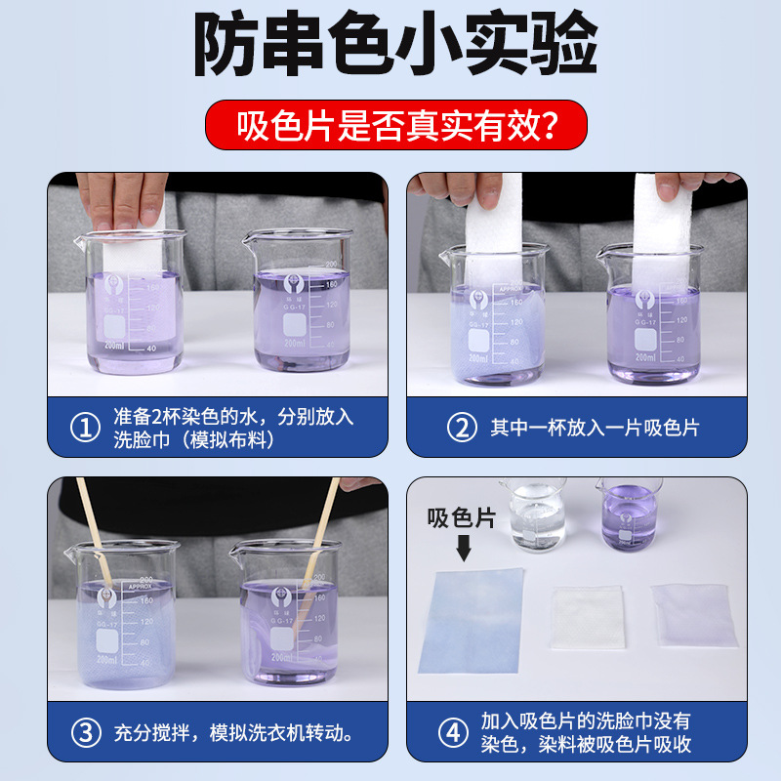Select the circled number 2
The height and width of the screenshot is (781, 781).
coord(460,428)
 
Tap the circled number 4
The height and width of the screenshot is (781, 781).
coord(460,731)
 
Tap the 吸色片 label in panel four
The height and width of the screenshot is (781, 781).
coord(462,517)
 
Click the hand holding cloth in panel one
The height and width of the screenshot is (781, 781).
coord(122,200)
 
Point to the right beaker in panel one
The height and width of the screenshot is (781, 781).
coord(302,303)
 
